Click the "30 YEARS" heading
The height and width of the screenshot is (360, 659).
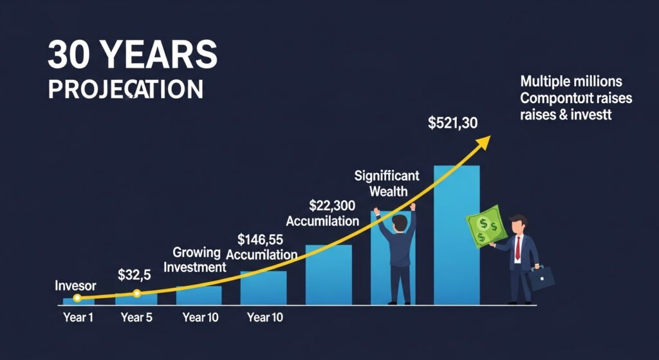(133, 57)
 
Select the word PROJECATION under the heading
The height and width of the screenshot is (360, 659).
(125, 89)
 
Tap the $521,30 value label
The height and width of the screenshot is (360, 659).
(452, 123)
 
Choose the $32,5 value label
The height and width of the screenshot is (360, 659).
(135, 275)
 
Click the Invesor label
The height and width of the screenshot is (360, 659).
(75, 285)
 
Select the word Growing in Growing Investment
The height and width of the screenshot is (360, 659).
(196, 252)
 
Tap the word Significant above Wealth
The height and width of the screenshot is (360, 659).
(387, 175)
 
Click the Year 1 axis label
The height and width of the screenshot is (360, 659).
(77, 317)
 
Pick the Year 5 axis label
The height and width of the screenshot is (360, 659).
(136, 317)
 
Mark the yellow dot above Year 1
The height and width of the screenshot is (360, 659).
(77, 298)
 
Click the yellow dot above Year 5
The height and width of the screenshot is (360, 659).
(136, 294)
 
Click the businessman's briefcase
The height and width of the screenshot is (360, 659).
(541, 278)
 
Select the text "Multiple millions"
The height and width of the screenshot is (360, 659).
(571, 82)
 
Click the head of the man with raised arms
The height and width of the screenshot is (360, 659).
(399, 223)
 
